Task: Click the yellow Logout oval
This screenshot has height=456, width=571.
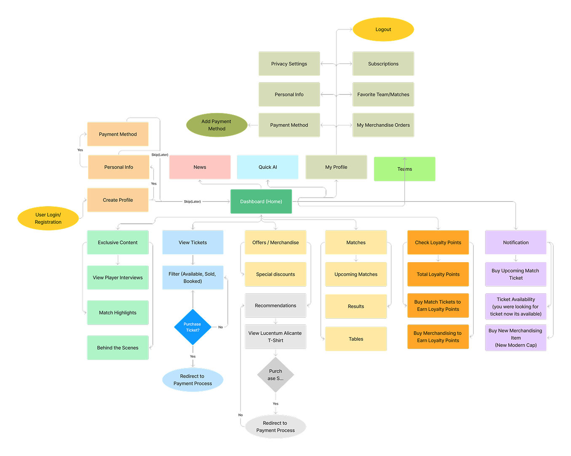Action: point(383,30)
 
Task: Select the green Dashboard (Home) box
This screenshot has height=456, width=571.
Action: point(261,201)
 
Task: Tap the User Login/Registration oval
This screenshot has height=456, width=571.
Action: point(48,218)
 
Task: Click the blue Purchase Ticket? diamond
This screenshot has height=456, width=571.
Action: point(192,327)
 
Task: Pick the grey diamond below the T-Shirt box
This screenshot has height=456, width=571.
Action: point(275,375)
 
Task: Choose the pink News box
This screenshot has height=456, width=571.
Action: point(200,167)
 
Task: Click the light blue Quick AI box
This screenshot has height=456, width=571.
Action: point(268,167)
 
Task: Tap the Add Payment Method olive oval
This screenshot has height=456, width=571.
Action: point(216,125)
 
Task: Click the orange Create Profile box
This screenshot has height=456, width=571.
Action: point(118,200)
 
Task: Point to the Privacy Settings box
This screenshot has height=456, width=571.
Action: point(289,64)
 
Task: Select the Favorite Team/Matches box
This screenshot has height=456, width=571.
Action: point(383,94)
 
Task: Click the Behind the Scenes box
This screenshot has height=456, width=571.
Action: point(117,348)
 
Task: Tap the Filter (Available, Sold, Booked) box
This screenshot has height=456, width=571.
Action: point(192,277)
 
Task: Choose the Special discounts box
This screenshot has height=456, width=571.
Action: point(275,274)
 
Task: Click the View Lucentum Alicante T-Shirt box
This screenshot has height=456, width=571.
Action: point(275,337)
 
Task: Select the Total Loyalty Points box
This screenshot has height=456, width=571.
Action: point(438,274)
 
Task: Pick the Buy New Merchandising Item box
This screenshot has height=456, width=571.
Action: point(516,338)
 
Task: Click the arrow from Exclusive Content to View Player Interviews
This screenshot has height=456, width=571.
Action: point(118,260)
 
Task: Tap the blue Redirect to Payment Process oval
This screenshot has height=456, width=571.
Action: point(192,380)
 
